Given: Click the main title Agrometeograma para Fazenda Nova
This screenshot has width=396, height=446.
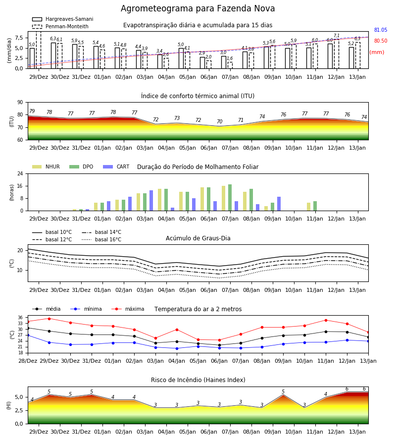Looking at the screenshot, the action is click(198, 8).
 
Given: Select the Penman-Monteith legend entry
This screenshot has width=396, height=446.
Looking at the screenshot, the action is click(60, 26).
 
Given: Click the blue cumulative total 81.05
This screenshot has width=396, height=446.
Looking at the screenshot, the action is click(381, 30).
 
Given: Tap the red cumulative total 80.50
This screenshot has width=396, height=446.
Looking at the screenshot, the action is click(381, 41).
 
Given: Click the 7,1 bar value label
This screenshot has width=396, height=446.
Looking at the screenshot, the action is click(336, 36).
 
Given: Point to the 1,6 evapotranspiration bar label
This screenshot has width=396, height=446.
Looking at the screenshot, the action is click(230, 58).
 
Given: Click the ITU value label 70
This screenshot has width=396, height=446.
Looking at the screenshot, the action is click(220, 121).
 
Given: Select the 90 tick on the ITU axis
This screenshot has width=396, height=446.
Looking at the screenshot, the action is click(20, 103).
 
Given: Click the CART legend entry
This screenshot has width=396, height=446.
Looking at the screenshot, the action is click(116, 167).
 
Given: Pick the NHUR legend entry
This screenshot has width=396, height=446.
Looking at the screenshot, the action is click(46, 167).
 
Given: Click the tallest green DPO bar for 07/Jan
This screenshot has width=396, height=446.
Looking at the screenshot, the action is click(230, 198).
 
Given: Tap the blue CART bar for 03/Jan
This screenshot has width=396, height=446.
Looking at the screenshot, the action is click(151, 201).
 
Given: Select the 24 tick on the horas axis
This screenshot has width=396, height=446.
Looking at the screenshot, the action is click(20, 173).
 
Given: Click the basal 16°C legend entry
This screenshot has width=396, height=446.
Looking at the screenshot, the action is click(101, 239).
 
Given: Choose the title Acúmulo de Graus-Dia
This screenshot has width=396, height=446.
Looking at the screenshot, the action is click(198, 238).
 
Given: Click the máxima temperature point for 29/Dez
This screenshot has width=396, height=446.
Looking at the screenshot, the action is click(49, 319).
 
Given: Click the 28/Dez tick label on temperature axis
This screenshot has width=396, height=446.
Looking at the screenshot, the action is click(28, 361).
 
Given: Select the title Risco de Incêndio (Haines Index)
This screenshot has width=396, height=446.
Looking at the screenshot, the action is click(198, 380).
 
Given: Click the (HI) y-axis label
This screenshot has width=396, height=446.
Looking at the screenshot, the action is click(8, 405).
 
